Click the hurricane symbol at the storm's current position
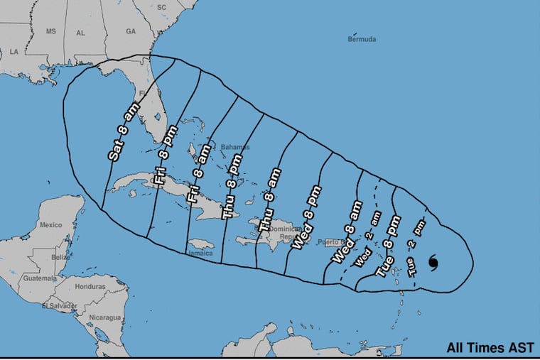(433, 263)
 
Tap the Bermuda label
(361, 39)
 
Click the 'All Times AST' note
(490, 348)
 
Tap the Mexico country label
(50, 225)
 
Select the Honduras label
(90, 287)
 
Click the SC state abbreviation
(161, 7)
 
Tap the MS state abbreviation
(50, 32)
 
